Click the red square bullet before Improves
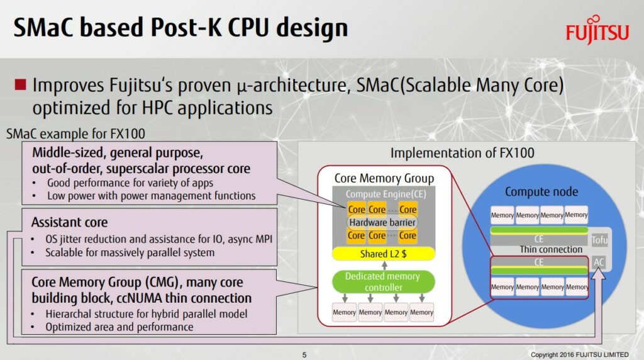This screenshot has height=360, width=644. pyautogui.click(x=20, y=84)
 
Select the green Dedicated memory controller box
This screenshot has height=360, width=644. pyautogui.click(x=382, y=281)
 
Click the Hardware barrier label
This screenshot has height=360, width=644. pyautogui.click(x=382, y=222)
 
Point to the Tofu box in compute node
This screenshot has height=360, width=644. pyautogui.click(x=599, y=240)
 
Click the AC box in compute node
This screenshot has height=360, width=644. pyautogui.click(x=599, y=261)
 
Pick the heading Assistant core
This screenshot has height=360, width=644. pyautogui.click(x=69, y=222)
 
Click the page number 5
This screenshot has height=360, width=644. pyautogui.click(x=304, y=355)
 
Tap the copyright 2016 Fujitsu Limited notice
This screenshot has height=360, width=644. pyautogui.click(x=579, y=355)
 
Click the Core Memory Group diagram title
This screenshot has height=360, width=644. pyautogui.click(x=384, y=179)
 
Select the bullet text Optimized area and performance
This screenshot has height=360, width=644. pyautogui.click(x=119, y=327)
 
